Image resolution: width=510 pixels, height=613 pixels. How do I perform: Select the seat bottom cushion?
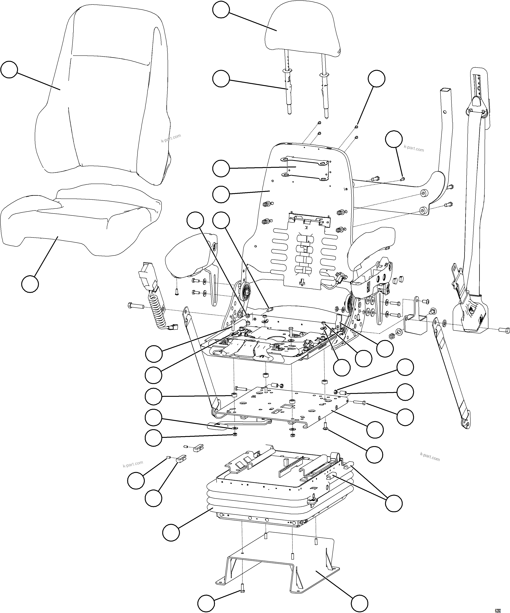click(79, 222)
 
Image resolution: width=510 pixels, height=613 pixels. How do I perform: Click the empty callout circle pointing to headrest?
click(221, 10)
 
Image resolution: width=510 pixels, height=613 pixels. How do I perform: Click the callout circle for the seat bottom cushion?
click(30, 283)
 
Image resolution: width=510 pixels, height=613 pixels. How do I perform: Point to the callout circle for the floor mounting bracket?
click(359, 603)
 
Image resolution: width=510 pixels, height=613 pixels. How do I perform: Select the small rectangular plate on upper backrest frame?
click(305, 168)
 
